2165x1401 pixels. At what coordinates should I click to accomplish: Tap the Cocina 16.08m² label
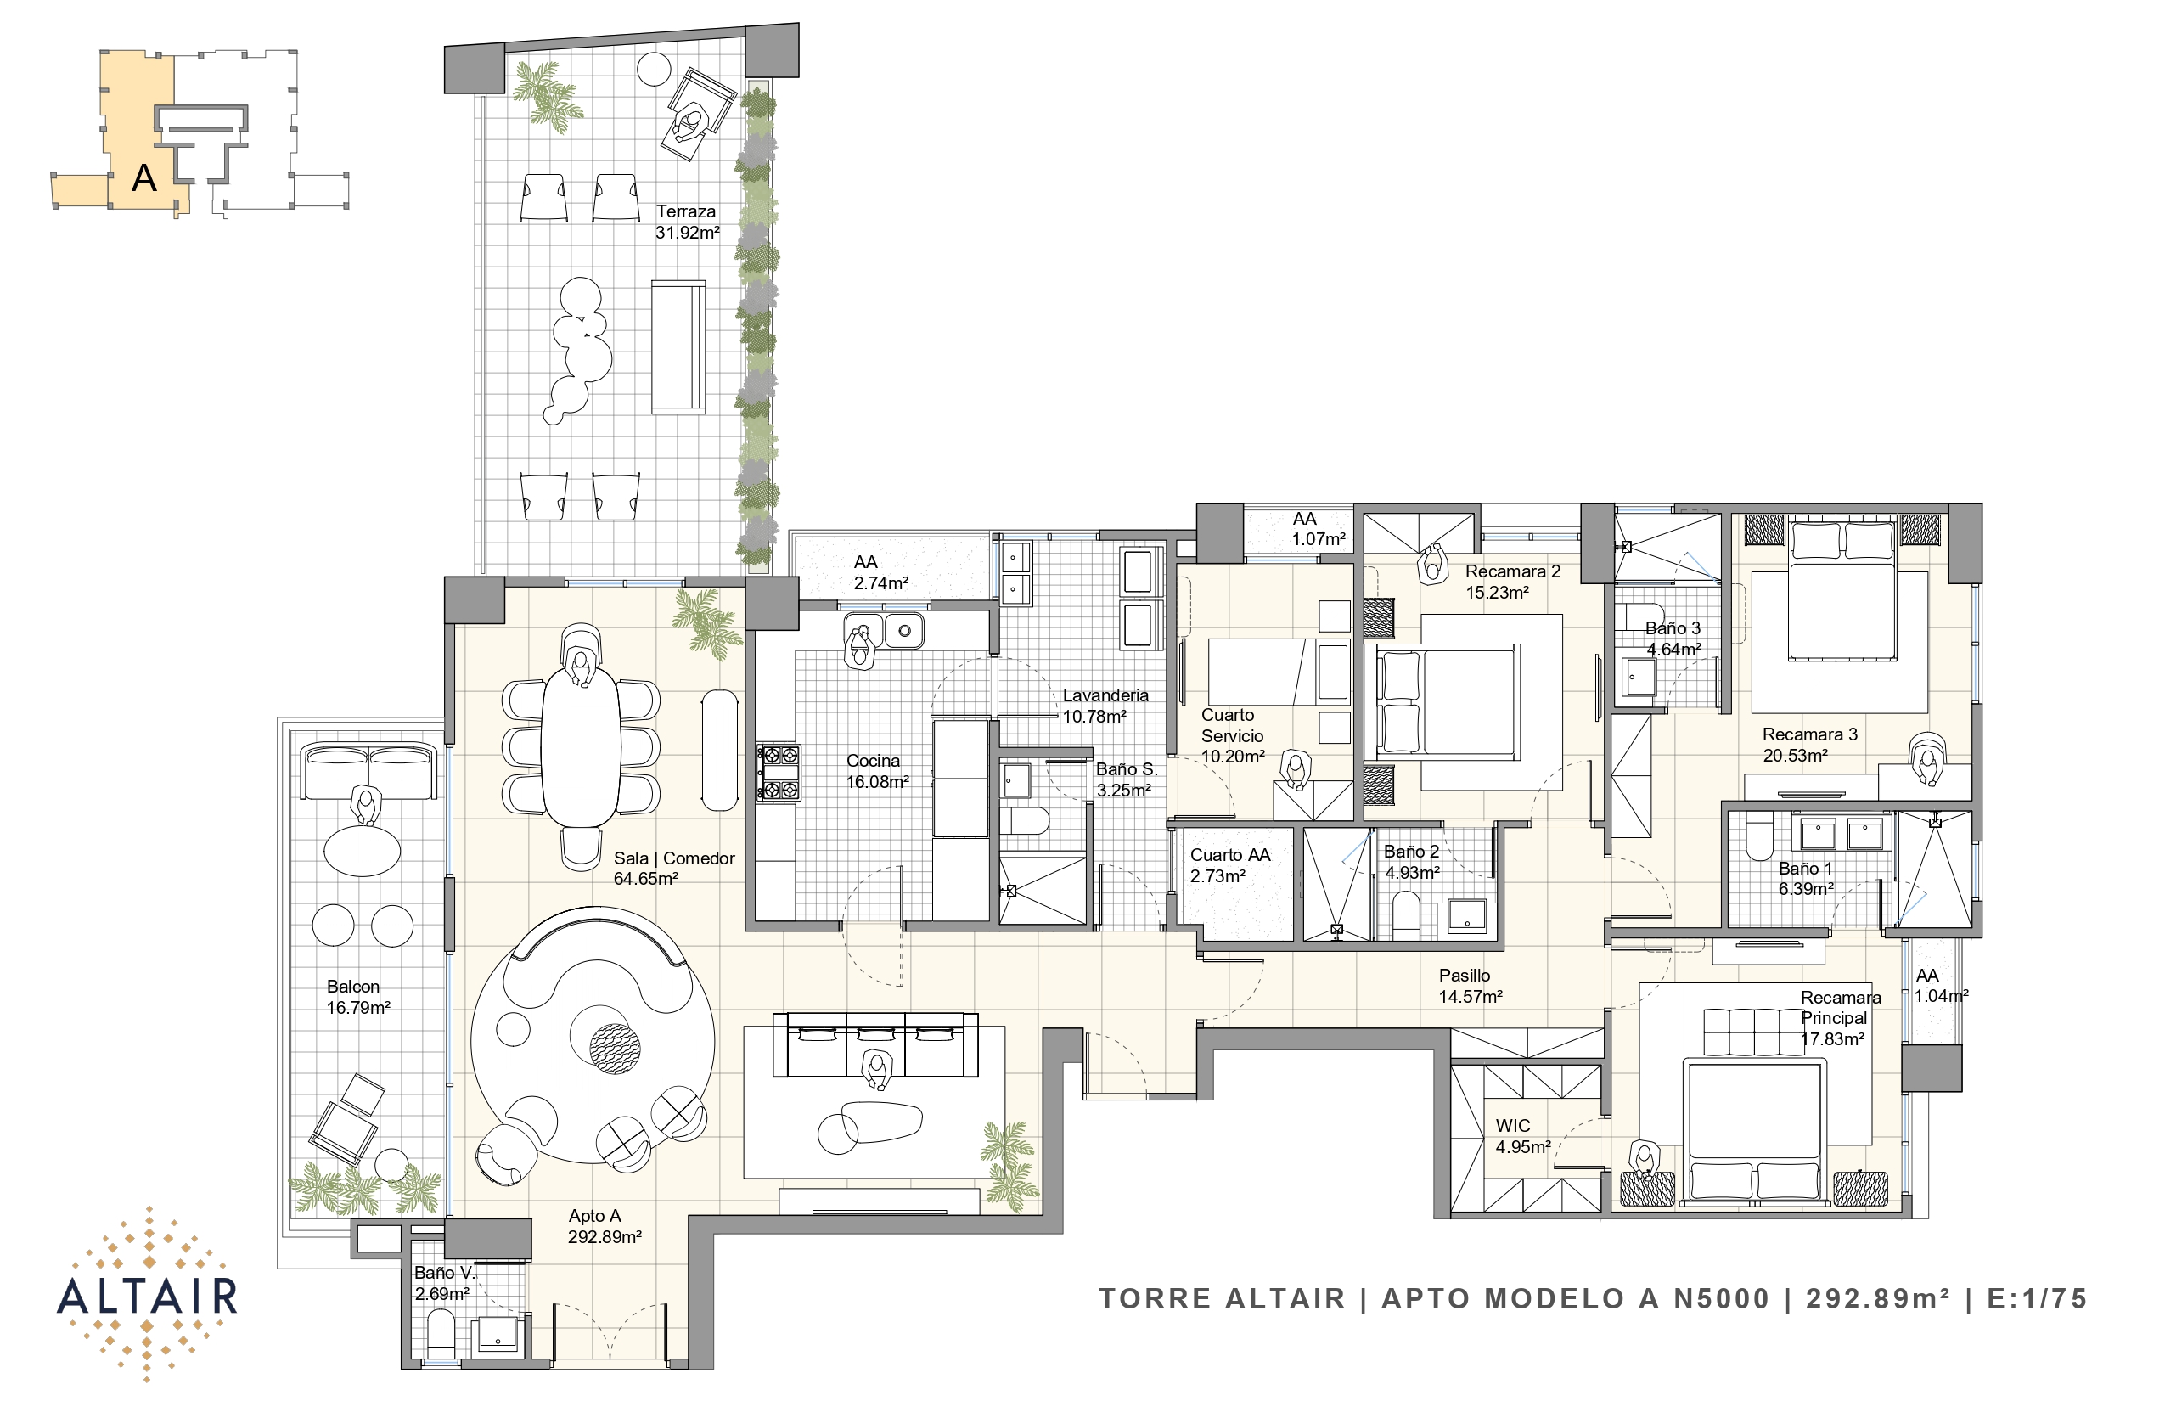coord(878,771)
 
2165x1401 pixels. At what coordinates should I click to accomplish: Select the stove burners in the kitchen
coord(779,773)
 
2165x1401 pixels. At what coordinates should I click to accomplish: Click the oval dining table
coord(581,747)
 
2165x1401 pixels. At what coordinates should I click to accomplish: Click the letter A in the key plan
coord(143,178)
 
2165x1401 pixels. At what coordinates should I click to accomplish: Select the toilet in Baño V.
coord(441,1333)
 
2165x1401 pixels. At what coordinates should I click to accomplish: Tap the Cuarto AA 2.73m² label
coord(1230,865)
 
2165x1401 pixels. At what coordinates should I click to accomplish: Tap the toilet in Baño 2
coord(1405,914)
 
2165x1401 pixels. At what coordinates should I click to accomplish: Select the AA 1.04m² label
coord(1941,985)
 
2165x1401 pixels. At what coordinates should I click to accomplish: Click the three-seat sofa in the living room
coord(875,1044)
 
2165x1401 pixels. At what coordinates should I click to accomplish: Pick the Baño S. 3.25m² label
coord(1126,779)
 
